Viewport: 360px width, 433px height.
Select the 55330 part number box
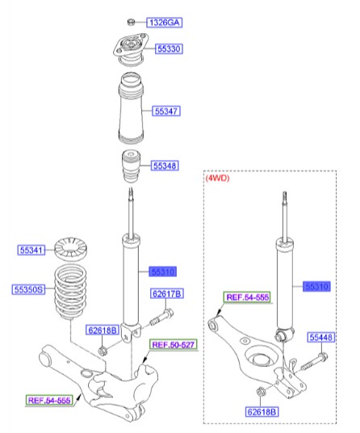(x=168, y=49)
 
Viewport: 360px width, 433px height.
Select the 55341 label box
(x=32, y=250)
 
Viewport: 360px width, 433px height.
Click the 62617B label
(x=165, y=293)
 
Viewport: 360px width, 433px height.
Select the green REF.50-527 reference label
(x=173, y=346)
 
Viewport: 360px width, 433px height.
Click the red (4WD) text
(x=220, y=179)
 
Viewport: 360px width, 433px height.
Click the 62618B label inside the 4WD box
(x=262, y=412)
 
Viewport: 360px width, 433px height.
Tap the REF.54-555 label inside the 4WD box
(x=249, y=298)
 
